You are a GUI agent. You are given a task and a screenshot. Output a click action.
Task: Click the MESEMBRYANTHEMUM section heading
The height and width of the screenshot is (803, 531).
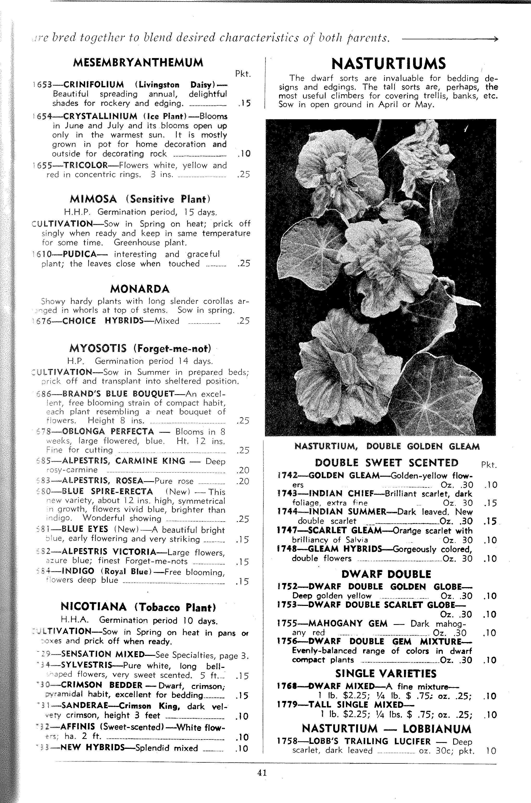(x=138, y=63)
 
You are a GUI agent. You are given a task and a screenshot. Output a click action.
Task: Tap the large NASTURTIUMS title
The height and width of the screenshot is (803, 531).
(x=388, y=64)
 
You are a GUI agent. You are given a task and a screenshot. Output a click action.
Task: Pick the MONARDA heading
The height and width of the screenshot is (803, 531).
(x=140, y=289)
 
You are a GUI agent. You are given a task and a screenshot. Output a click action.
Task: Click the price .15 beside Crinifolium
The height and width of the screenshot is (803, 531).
(x=244, y=103)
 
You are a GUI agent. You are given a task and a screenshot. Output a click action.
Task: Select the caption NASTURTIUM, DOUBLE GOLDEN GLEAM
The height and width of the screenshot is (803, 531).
(x=387, y=446)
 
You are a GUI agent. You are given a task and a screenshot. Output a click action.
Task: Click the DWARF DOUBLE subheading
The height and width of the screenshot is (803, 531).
(x=386, y=574)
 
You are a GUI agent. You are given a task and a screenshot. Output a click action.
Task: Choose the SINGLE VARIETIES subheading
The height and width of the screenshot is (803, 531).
(x=386, y=674)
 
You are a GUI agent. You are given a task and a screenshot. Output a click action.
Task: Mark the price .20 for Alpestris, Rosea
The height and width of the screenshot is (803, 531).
(x=243, y=481)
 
